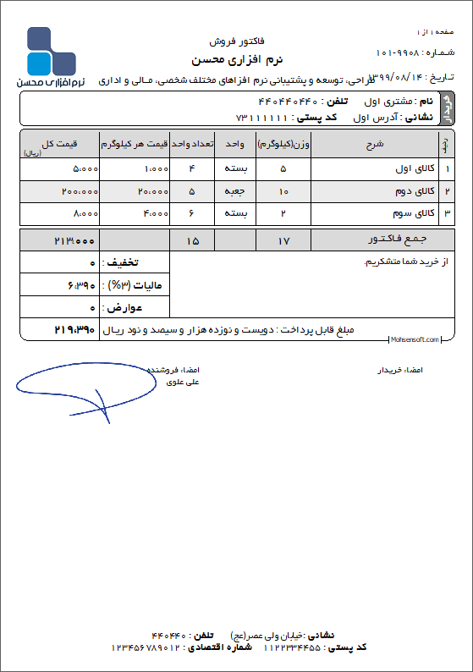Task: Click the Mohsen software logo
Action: (x=52, y=58)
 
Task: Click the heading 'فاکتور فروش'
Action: (x=236, y=41)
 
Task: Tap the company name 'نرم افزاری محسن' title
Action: (x=237, y=60)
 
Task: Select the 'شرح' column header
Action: (x=375, y=144)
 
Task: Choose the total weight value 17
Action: (x=283, y=241)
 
